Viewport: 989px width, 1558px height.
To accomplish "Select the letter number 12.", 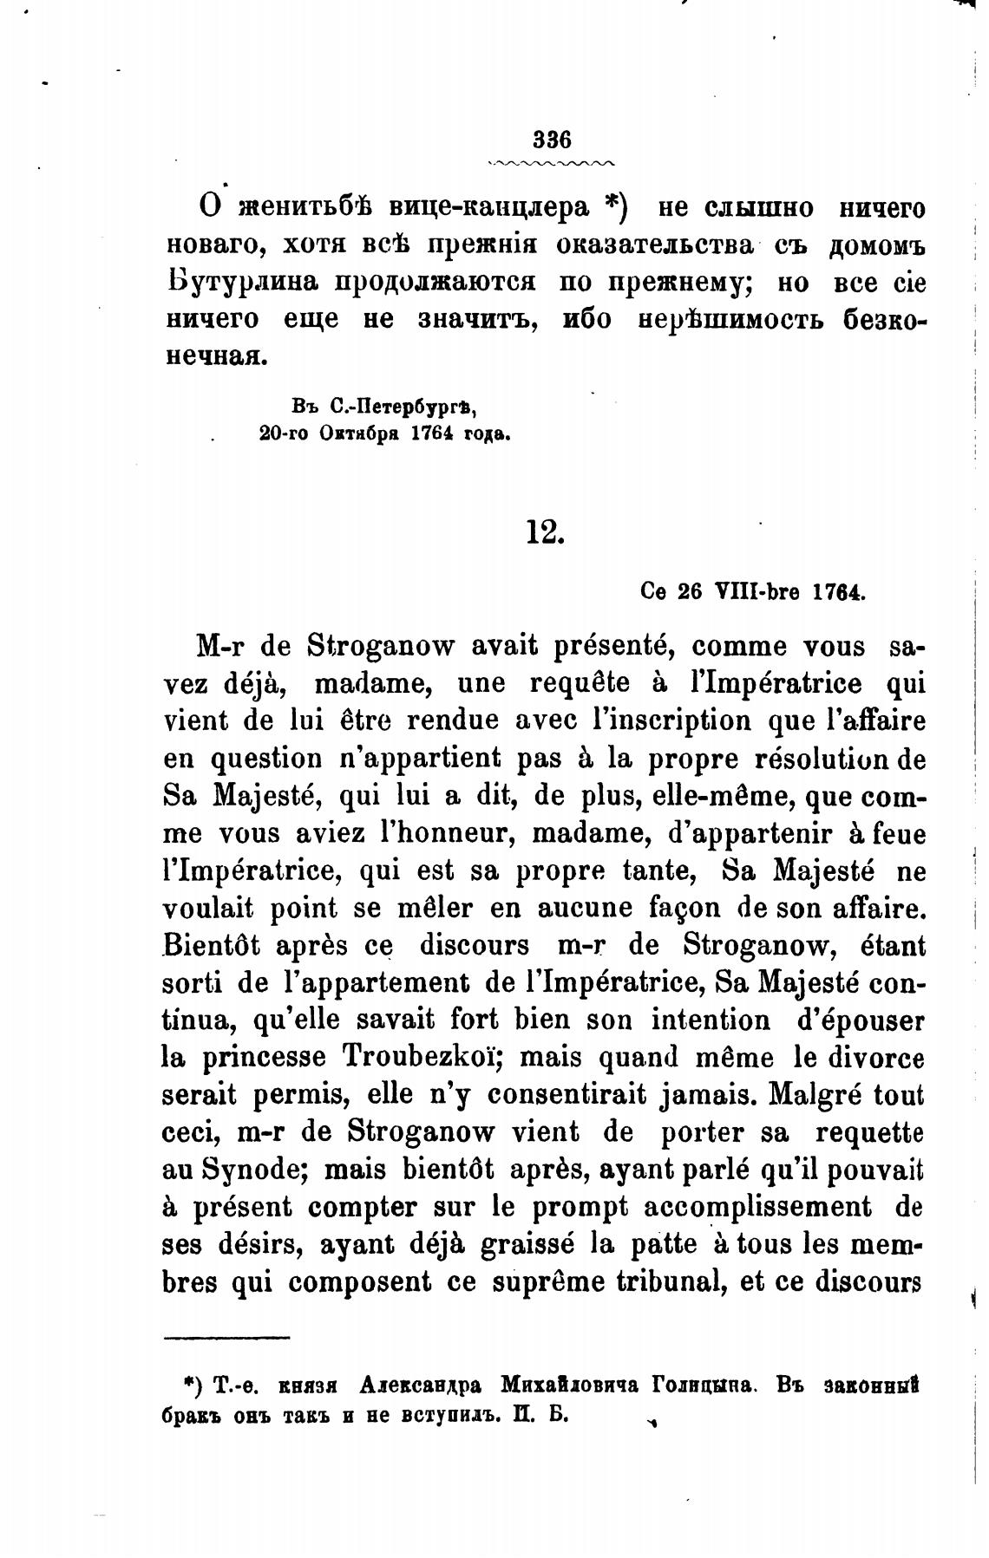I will (545, 531).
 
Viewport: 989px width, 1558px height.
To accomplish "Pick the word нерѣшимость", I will (730, 319).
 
